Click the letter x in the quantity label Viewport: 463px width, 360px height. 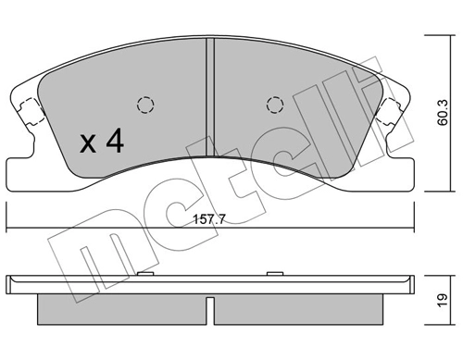[x=89, y=143]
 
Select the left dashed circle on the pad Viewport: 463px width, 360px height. [x=144, y=104]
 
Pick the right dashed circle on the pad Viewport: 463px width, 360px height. [x=273, y=104]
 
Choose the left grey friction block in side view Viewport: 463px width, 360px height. [x=120, y=304]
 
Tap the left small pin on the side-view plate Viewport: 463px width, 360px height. [x=145, y=274]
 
